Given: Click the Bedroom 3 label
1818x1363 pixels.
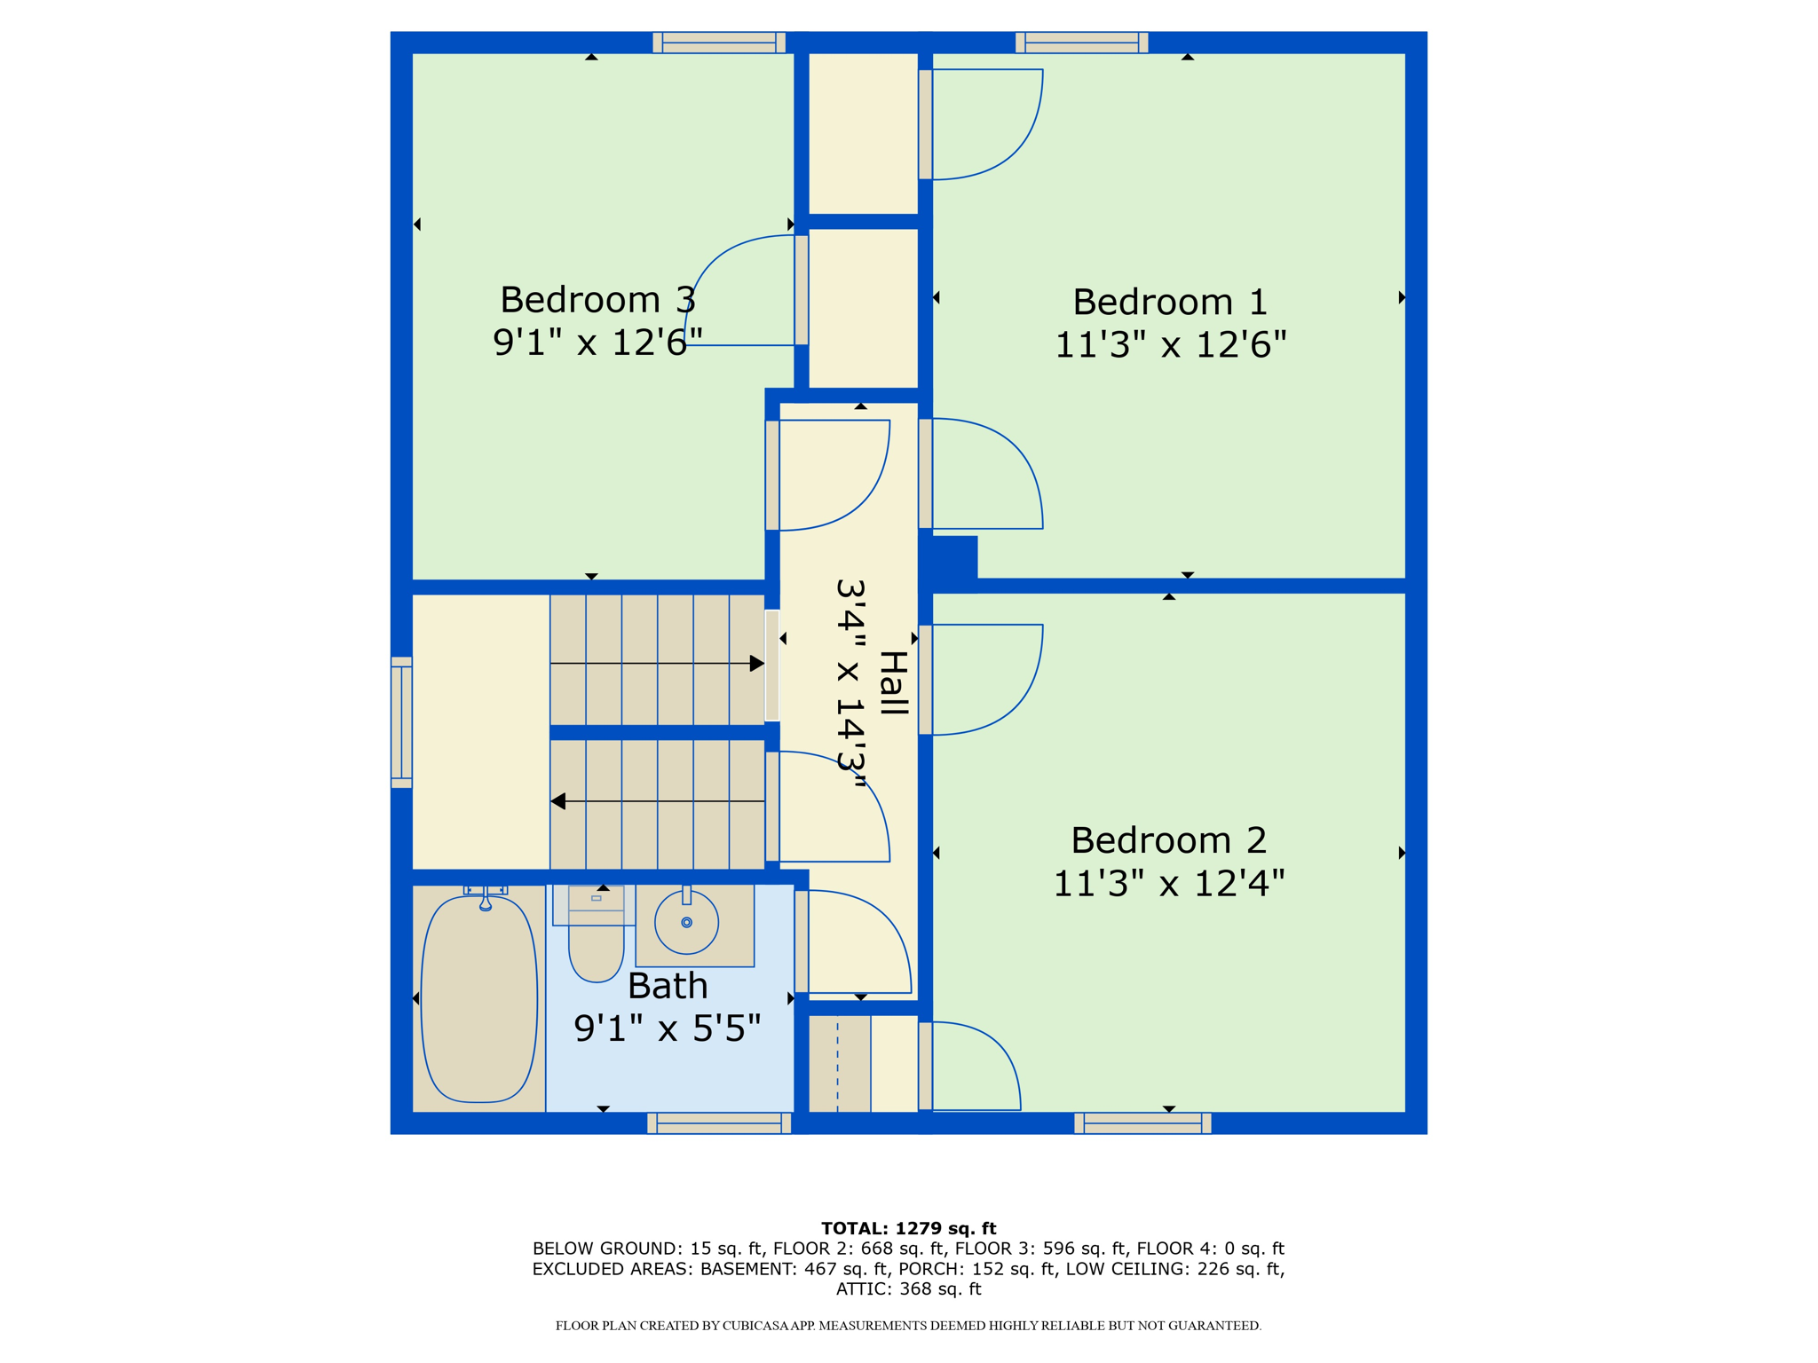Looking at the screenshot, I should coord(597,300).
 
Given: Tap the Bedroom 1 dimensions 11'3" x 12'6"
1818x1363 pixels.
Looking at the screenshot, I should coord(1170,345).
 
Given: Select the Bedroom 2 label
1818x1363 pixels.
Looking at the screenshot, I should coord(1168,839).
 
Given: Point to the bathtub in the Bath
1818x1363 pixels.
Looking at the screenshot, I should coord(479,998).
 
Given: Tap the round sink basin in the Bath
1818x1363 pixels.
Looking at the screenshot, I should coord(686,923).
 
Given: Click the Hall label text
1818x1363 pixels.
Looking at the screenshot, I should coord(893,683).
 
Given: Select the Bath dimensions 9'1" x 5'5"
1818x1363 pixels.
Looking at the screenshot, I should coord(668,1029).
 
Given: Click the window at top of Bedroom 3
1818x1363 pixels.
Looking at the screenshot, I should coord(719,43).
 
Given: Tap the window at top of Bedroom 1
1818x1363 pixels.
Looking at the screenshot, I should coord(1081,43).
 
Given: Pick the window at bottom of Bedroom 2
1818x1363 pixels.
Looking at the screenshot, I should coord(1142,1123).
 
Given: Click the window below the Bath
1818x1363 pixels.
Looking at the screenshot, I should coord(719,1123).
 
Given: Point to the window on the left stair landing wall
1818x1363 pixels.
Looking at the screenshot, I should coord(402,722).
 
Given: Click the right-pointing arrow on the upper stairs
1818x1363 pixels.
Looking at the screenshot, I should coord(756,664).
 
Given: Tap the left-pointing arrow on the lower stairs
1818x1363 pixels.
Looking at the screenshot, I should coord(558,801).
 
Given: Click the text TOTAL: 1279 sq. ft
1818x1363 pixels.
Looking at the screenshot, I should coord(908,1228).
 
